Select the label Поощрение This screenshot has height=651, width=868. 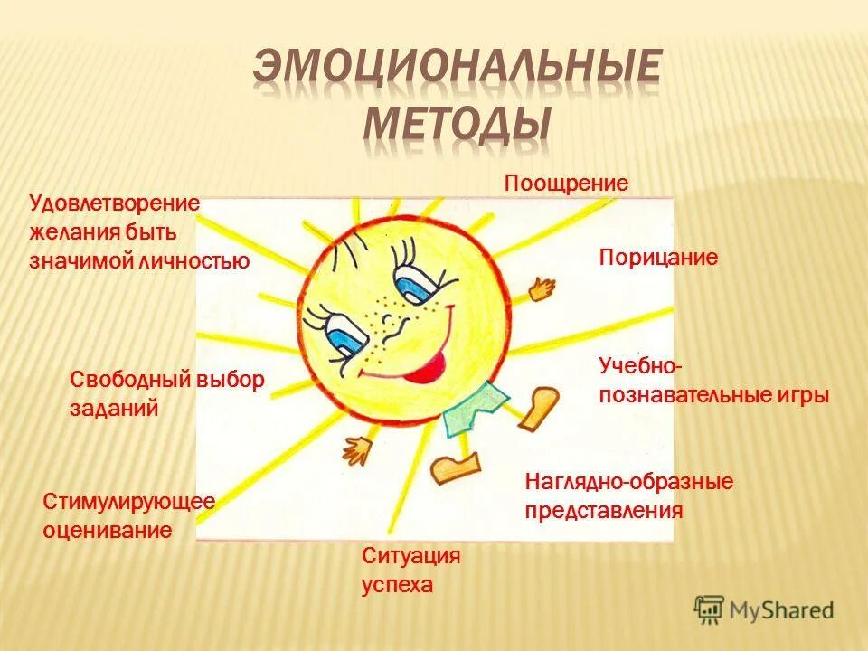(x=566, y=184)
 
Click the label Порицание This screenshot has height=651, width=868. (x=658, y=259)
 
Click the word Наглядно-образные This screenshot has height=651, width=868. (x=629, y=482)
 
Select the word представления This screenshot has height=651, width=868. (x=604, y=511)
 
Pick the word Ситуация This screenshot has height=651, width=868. (x=411, y=556)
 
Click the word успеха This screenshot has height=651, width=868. (x=398, y=585)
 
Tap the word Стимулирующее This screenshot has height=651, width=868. (x=128, y=502)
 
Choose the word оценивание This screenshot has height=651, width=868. (x=107, y=530)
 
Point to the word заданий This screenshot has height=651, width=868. (x=115, y=409)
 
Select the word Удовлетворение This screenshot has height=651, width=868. (x=114, y=203)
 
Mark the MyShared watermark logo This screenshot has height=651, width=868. (x=764, y=608)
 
